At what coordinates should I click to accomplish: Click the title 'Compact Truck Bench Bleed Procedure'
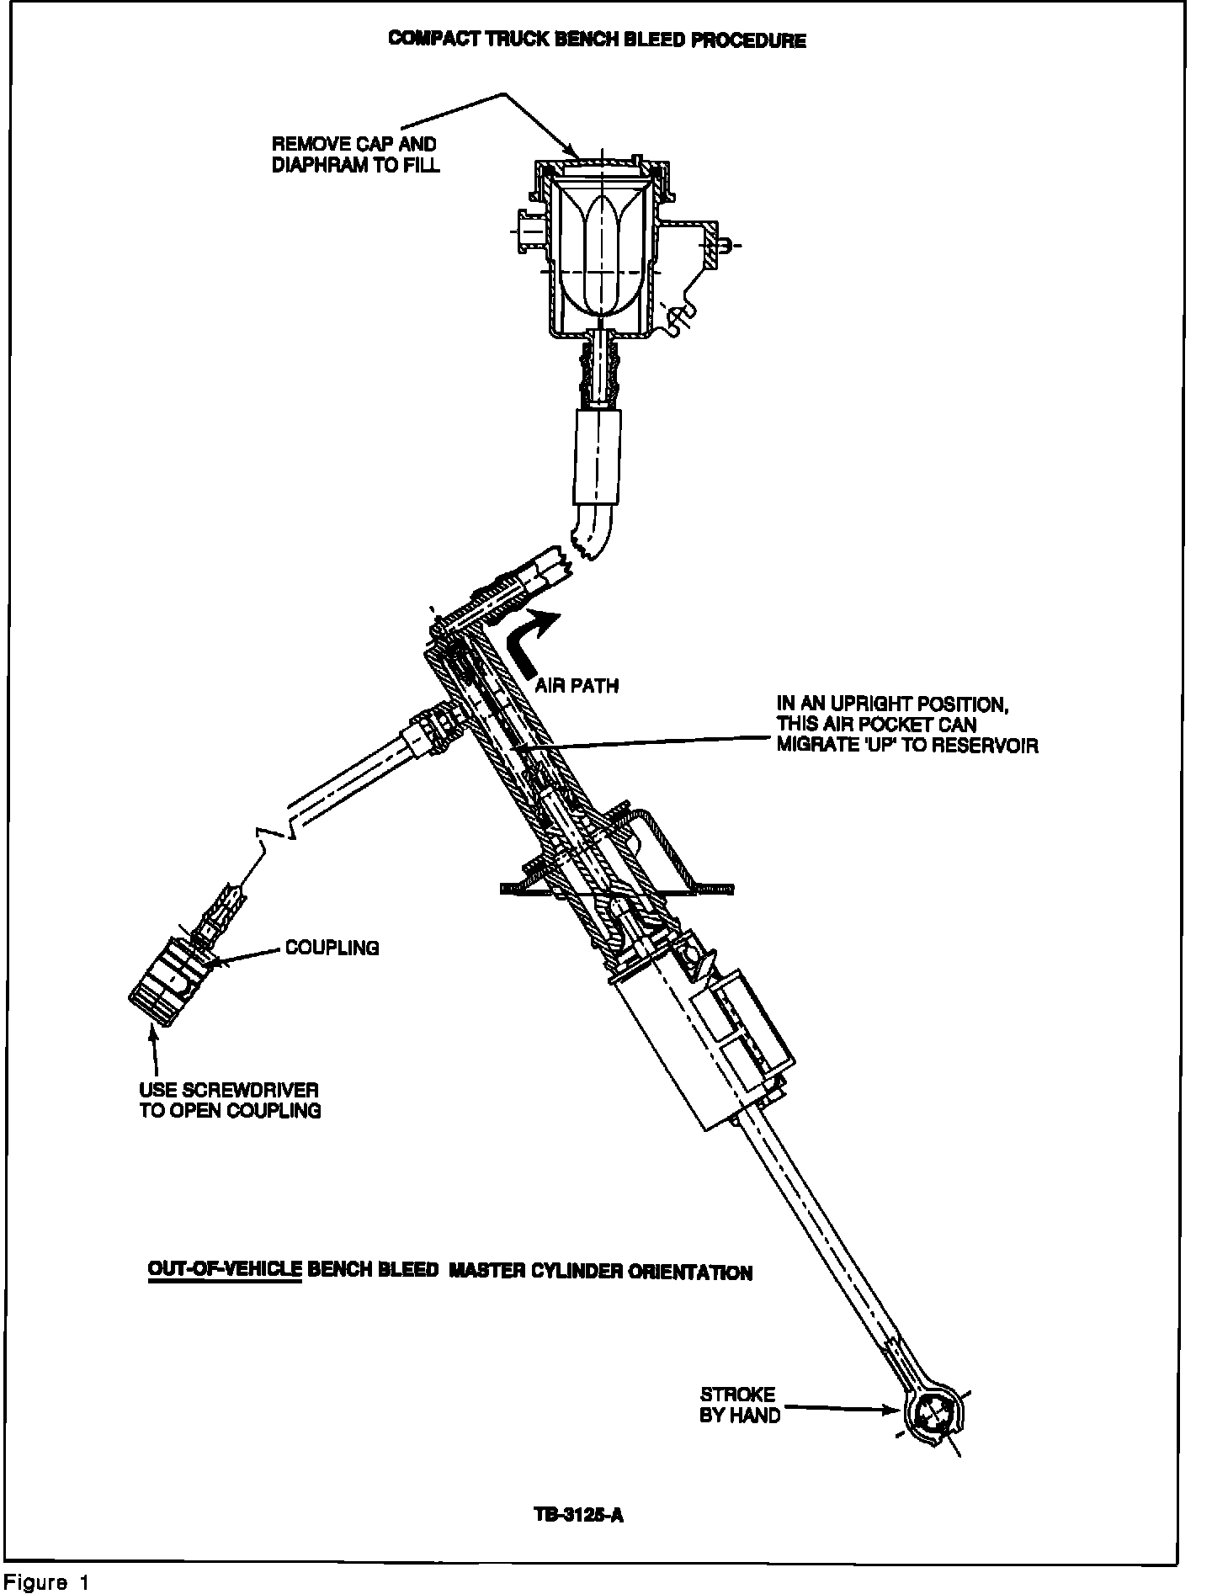click(597, 40)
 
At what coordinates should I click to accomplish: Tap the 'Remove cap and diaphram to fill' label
click(355, 155)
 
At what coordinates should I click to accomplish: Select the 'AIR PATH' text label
click(577, 685)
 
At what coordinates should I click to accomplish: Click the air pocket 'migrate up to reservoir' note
click(906, 724)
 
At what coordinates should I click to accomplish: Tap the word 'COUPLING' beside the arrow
click(332, 948)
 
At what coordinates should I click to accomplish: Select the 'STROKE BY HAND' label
click(739, 1405)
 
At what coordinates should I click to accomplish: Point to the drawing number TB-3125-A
click(579, 1515)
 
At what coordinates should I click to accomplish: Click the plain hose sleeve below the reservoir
click(597, 455)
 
